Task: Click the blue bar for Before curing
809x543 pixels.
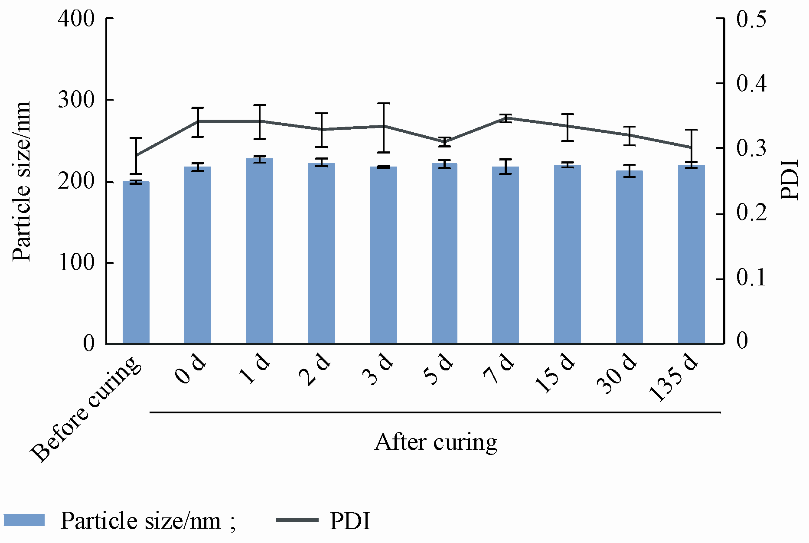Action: pyautogui.click(x=136, y=263)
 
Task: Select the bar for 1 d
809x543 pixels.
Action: pyautogui.click(x=260, y=252)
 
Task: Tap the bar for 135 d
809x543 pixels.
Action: pyautogui.click(x=691, y=255)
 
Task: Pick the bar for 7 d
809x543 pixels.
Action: pyautogui.click(x=506, y=255)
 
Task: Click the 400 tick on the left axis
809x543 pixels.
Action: pyautogui.click(x=76, y=19)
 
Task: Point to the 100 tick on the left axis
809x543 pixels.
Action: pyautogui.click(x=76, y=263)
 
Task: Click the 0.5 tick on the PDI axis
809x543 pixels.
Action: pyautogui.click(x=751, y=20)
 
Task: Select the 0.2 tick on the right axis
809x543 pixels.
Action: pyautogui.click(x=751, y=214)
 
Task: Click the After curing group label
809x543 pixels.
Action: pyautogui.click(x=436, y=442)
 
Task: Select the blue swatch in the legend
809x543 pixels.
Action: pyautogui.click(x=24, y=520)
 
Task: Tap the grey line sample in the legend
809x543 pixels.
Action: pyautogui.click(x=297, y=520)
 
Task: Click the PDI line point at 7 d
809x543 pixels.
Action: pyautogui.click(x=506, y=118)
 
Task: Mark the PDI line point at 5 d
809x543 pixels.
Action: pyautogui.click(x=444, y=141)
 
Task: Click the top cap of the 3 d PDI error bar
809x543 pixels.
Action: pyautogui.click(x=384, y=104)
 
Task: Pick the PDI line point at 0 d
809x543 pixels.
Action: pyautogui.click(x=198, y=121)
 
